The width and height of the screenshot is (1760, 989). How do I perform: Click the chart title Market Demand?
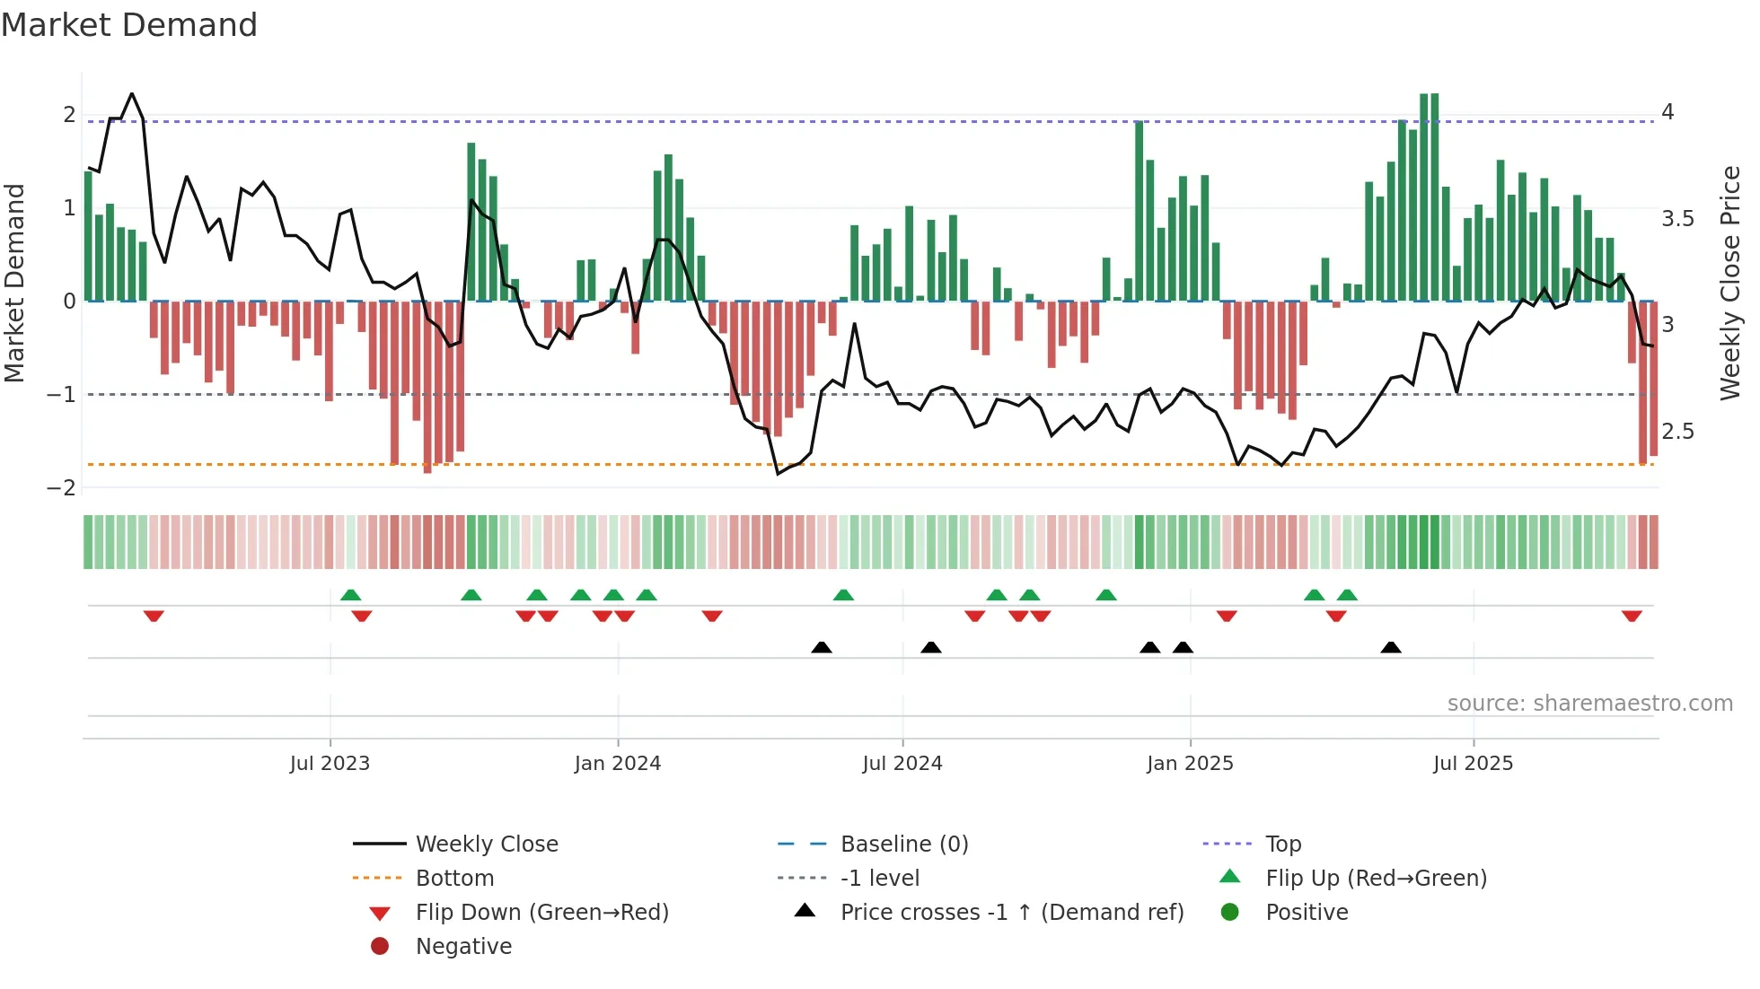[129, 25]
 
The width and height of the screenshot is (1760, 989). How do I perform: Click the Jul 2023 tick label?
[330, 764]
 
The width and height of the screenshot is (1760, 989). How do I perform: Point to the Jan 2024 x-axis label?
[618, 764]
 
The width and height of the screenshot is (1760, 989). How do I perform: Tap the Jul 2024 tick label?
[902, 764]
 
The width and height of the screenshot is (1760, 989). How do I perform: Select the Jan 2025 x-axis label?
[1190, 764]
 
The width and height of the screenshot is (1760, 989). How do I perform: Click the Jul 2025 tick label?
[1473, 764]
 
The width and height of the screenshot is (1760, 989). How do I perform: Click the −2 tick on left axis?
[62, 488]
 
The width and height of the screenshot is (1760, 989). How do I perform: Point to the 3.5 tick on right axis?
[1677, 219]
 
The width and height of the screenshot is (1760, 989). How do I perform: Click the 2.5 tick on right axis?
[1677, 432]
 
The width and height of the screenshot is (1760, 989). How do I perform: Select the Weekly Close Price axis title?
[1730, 283]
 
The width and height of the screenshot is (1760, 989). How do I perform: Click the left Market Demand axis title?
[14, 283]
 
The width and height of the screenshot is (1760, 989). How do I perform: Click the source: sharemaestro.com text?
[1589, 704]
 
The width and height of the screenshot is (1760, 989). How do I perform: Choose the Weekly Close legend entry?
[487, 845]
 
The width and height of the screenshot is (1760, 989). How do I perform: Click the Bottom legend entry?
[454, 879]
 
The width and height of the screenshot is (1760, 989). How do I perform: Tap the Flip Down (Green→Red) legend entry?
[541, 913]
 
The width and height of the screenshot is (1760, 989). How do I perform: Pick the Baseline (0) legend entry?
[904, 845]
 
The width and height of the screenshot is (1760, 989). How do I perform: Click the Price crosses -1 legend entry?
[1012, 913]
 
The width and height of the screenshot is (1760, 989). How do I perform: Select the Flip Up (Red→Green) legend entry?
[1376, 879]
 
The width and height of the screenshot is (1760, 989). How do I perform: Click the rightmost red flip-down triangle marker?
[1632, 616]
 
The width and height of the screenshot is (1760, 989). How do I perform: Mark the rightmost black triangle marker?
[1391, 648]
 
